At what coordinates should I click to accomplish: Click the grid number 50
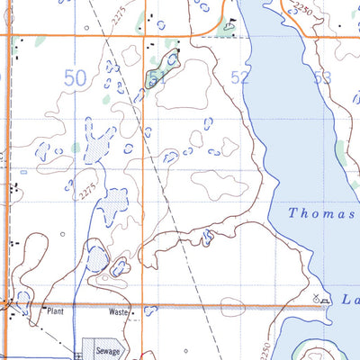pyautogui.click(x=76, y=79)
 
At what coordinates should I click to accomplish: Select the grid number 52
pyautogui.click(x=239, y=78)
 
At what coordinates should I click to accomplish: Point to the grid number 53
pyautogui.click(x=321, y=78)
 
